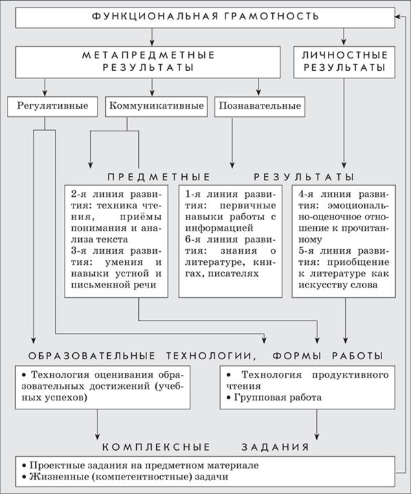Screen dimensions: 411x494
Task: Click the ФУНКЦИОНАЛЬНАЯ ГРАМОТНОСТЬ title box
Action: click(x=205, y=18)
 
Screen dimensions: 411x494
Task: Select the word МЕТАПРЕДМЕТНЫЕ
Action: click(x=148, y=55)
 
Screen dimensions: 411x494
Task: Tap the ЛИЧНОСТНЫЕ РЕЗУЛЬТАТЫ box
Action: click(x=344, y=62)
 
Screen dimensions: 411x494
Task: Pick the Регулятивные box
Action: click(x=52, y=107)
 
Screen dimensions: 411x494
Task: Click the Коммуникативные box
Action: click(x=157, y=107)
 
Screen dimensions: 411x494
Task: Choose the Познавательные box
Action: click(x=260, y=107)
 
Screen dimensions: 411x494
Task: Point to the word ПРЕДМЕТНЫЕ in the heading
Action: click(x=159, y=177)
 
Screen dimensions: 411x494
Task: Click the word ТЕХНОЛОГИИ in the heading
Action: click(x=211, y=356)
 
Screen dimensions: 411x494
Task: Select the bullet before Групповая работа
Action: click(x=229, y=398)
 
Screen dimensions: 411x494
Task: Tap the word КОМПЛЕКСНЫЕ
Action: click(x=156, y=447)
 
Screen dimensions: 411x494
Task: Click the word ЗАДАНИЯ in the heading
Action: click(x=276, y=447)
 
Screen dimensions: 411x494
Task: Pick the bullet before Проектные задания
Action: click(x=24, y=466)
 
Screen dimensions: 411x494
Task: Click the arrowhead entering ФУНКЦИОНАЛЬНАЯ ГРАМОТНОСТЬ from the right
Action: click(x=399, y=16)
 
